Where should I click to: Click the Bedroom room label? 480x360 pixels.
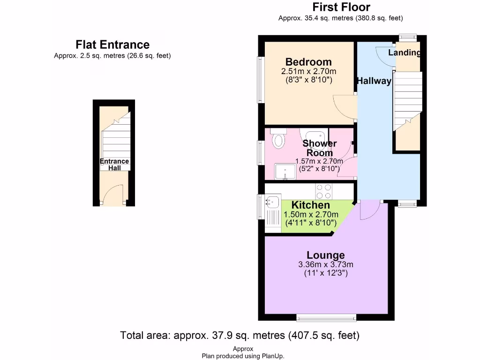308,62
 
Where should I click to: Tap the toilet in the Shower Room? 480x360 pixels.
279,139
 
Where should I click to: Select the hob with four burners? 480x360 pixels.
324,191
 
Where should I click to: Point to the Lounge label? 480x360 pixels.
326,255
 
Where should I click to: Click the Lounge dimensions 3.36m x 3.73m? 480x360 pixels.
326,265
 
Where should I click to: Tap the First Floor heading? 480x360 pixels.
341,7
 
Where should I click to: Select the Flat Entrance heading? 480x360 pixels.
112,45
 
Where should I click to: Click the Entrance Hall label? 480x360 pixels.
114,165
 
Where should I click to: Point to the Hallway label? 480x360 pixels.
374,81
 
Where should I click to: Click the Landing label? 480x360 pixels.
404,52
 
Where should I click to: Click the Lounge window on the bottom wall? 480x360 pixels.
326,318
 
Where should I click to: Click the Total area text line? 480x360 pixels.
240,336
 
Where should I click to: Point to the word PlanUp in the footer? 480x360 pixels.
273,356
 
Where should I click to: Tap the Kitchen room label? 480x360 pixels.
310,205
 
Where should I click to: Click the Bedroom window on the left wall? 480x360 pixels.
261,80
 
